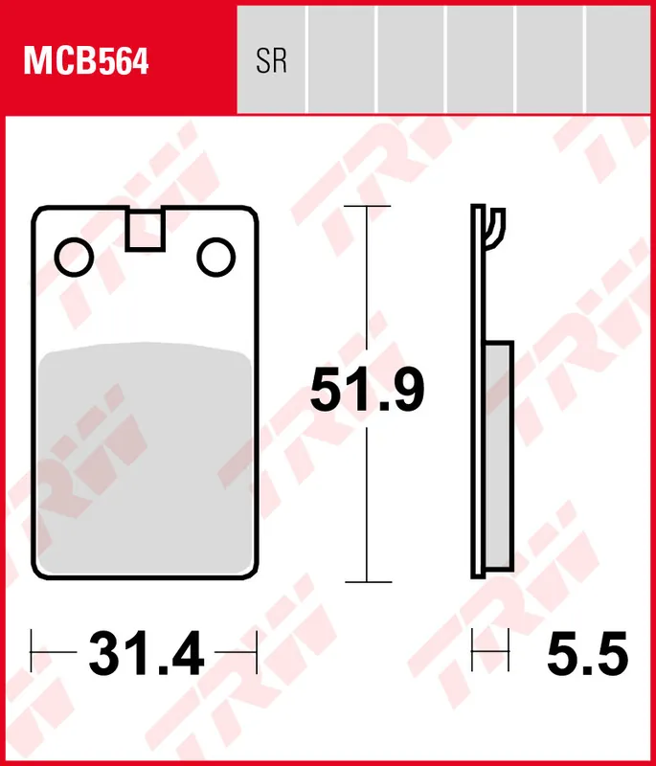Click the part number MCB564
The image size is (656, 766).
(x=86, y=62)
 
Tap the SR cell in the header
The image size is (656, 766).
(x=272, y=62)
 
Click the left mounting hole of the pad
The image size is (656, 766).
(x=74, y=256)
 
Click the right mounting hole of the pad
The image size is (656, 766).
(x=215, y=256)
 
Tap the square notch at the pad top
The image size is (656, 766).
(x=145, y=231)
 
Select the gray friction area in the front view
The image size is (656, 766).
(x=145, y=450)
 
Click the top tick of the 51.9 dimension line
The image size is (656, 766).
(x=368, y=206)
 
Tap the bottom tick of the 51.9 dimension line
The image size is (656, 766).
(x=368, y=581)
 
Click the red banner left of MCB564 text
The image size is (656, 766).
(x=13, y=62)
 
